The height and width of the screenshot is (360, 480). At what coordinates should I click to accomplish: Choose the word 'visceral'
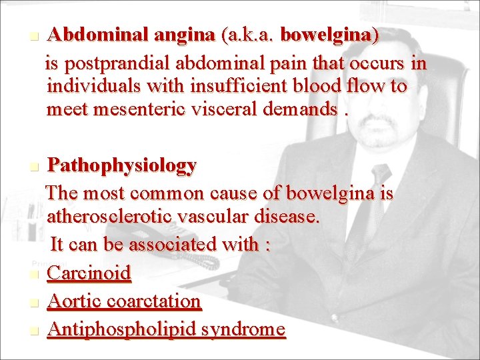pos(237,109)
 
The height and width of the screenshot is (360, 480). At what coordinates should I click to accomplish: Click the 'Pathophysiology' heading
pos(122,165)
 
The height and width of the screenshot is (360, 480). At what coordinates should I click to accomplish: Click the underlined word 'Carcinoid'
pos(89,273)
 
